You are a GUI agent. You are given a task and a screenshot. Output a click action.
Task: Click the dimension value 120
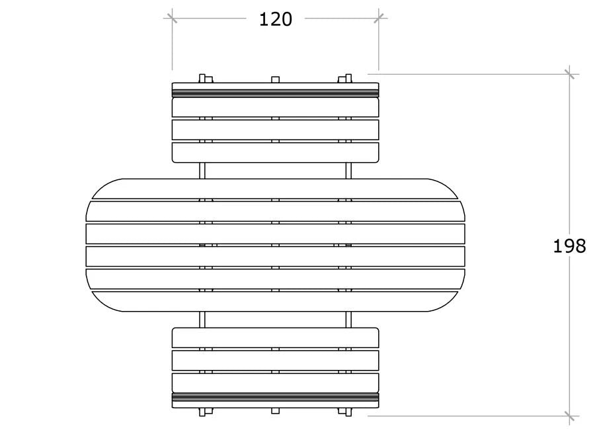276,19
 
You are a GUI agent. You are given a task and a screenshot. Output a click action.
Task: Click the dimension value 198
569,246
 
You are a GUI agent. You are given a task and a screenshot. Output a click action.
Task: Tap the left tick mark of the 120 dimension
172,18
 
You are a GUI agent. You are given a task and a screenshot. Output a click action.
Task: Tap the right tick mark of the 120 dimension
378,18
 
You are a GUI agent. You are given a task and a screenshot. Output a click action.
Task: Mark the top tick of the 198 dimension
569,74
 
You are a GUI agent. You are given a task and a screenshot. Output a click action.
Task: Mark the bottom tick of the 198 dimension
569,416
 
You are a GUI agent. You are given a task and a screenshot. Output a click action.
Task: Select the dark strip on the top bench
275,93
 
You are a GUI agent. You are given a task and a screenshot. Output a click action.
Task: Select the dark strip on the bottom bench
275,397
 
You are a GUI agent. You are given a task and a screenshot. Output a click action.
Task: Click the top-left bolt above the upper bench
206,79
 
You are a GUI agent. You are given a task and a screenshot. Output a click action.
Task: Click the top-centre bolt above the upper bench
276,80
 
